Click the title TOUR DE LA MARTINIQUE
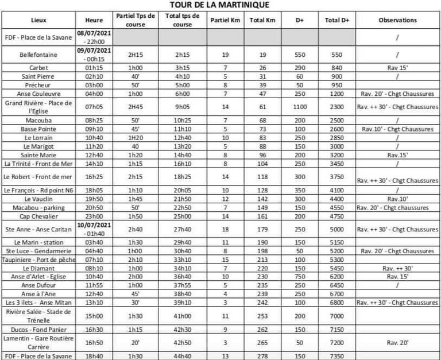point(219,5)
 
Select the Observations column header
point(397,20)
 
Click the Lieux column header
point(39,20)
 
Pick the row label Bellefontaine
point(39,55)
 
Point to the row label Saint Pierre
point(39,76)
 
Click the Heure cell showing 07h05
point(94,107)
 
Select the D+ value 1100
point(299,107)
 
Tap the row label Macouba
point(39,121)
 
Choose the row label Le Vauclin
point(39,199)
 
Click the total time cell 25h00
point(183,217)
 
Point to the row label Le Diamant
point(39,268)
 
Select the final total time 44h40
point(183,356)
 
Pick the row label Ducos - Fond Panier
point(39,330)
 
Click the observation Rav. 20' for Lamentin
point(397,342)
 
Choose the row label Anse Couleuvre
point(39,93)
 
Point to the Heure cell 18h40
point(94,356)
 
